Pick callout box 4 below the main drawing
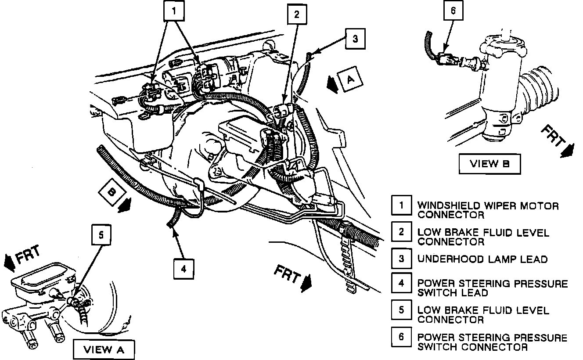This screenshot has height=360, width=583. coord(184,269)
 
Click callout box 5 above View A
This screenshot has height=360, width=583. coord(101,235)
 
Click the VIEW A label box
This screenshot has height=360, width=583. coord(104,349)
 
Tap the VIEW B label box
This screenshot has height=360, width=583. coord(489,164)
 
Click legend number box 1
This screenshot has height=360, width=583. coord(401,205)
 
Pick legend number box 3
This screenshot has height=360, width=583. coord(401,258)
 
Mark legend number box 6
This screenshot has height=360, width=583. coord(401,337)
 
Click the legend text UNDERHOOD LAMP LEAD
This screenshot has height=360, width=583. coord(482,259)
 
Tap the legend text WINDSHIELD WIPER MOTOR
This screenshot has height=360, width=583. coord(488,205)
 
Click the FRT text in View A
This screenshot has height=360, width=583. coord(27,256)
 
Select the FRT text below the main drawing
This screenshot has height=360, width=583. coord(288,275)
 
